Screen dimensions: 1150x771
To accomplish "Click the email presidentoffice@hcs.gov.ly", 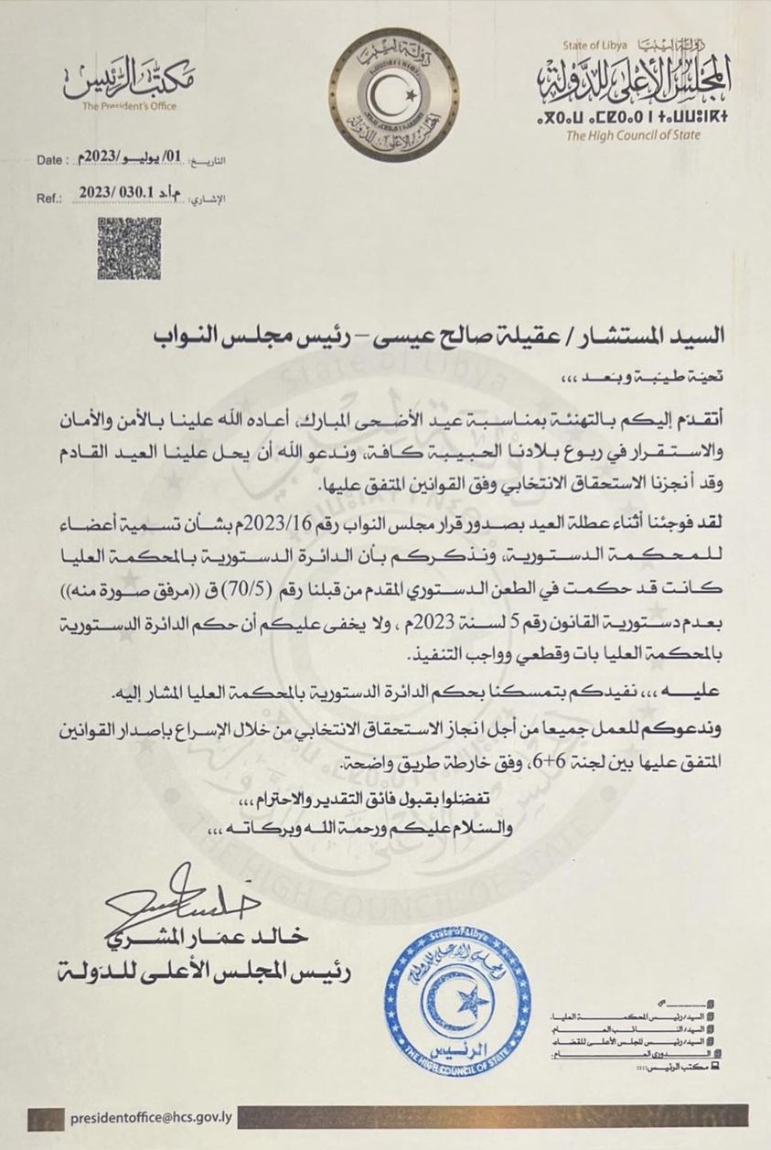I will pyautogui.click(x=151, y=1117).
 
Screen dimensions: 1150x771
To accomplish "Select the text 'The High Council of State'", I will pyautogui.click(x=633, y=135).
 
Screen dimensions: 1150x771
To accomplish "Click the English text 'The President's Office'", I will pyautogui.click(x=129, y=106).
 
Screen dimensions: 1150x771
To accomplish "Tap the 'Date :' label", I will pyautogui.click(x=54, y=160).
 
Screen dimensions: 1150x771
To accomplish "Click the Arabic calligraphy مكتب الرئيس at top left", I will pyautogui.click(x=129, y=80).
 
